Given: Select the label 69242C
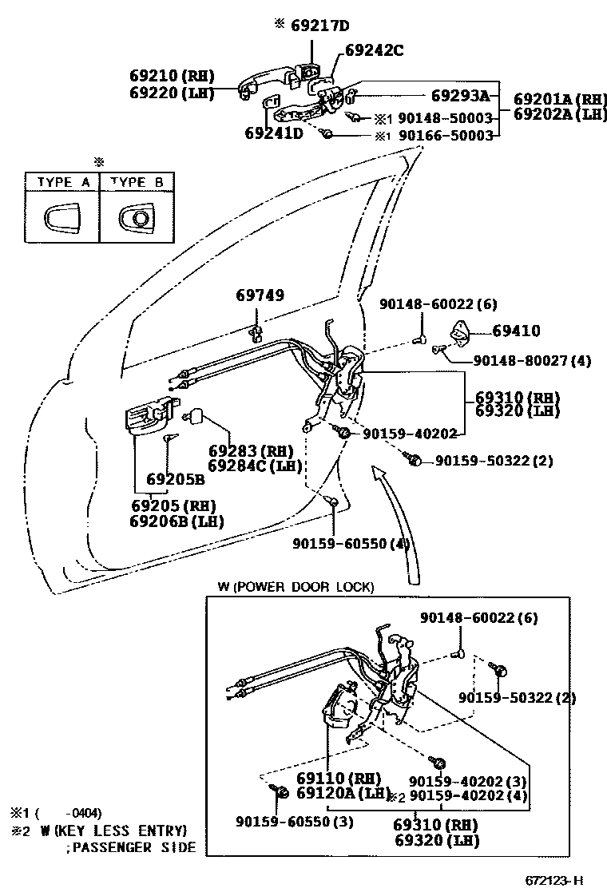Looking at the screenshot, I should (374, 50).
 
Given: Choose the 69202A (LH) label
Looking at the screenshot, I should (559, 113).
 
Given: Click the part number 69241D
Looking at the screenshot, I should (274, 133).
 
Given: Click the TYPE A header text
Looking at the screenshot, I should (62, 182).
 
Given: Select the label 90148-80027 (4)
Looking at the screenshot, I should (532, 361).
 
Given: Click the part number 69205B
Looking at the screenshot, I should (175, 480).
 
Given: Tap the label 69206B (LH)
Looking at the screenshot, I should (176, 521).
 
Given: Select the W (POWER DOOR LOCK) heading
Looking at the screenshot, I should (295, 587).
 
